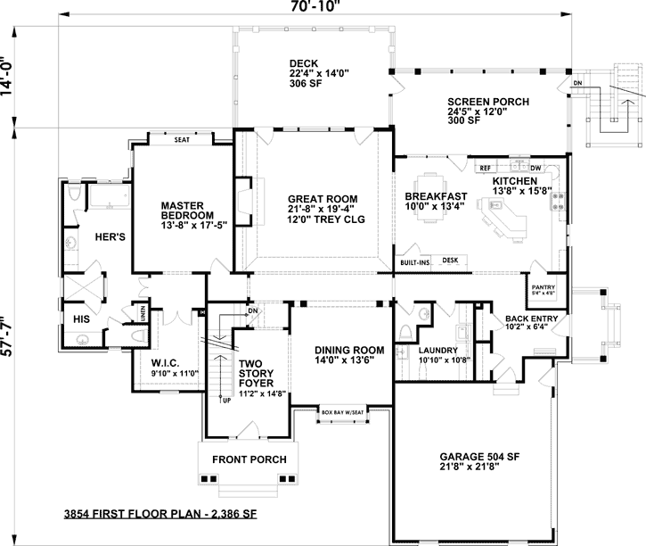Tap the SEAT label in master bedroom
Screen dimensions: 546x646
[x=182, y=139]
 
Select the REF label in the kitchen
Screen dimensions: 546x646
[x=486, y=168]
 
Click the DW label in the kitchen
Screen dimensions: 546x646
[x=536, y=168]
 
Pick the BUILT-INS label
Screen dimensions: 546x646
[x=415, y=262]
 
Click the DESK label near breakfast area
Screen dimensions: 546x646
[x=450, y=260]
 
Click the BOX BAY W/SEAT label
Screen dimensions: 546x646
[x=343, y=412]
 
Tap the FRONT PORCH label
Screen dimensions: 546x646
[x=249, y=459]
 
